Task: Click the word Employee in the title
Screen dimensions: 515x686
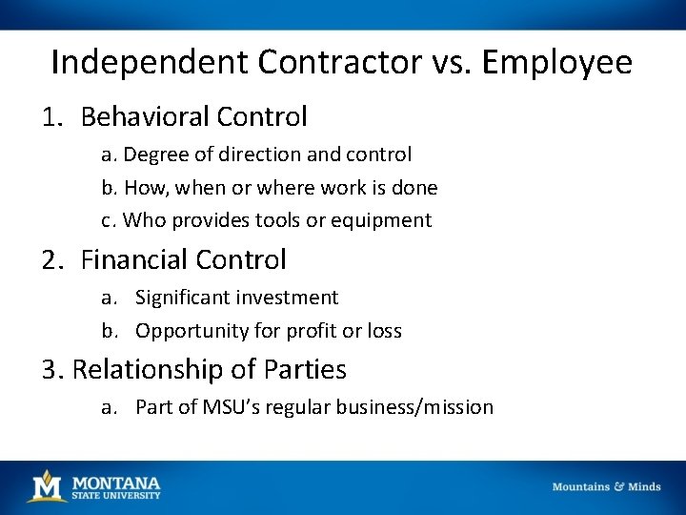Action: tap(557, 63)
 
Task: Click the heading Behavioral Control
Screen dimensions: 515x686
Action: tap(194, 117)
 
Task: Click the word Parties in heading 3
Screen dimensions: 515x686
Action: tap(307, 369)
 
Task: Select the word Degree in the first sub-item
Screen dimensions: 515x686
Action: tap(154, 154)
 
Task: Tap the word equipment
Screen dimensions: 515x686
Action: tap(384, 220)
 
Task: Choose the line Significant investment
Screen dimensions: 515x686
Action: tap(236, 299)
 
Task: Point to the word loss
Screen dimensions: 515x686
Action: tap(384, 331)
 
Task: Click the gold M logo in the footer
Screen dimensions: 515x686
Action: tap(46, 486)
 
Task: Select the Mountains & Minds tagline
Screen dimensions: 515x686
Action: tap(606, 486)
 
